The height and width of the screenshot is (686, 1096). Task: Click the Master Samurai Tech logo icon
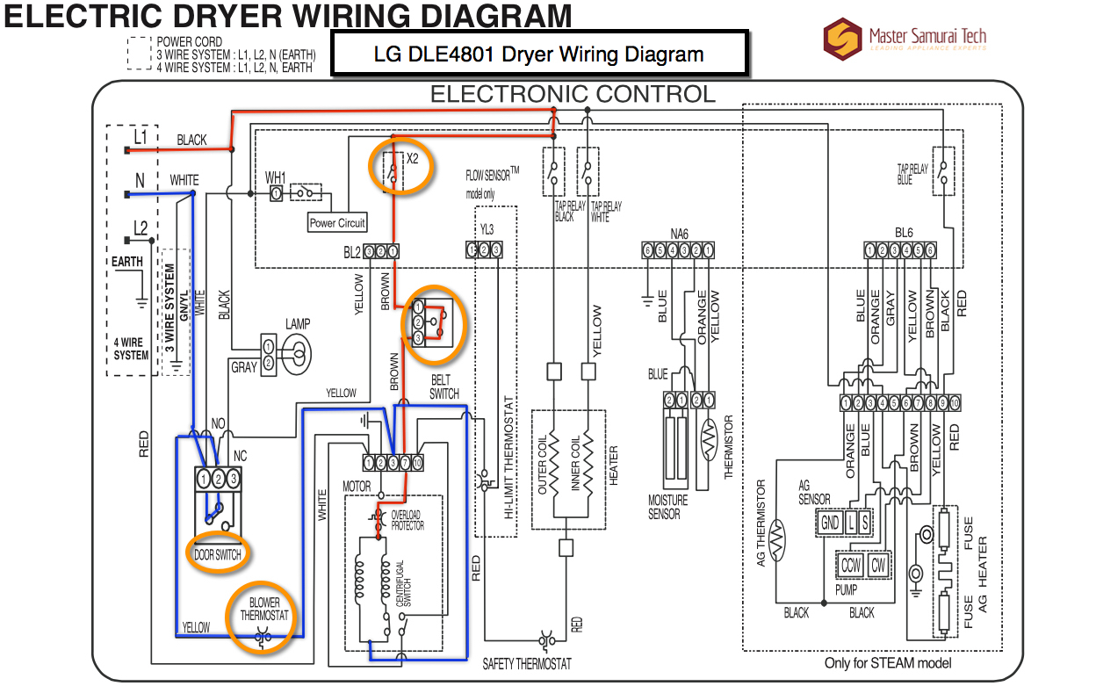tap(843, 38)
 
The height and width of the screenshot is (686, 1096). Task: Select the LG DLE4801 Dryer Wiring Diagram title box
tap(539, 54)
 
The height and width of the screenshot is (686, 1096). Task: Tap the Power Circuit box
tap(337, 223)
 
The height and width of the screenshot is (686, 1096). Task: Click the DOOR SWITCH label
tap(218, 555)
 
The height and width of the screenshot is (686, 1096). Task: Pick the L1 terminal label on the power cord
tap(141, 136)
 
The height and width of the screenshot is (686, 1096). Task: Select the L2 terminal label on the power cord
tap(141, 228)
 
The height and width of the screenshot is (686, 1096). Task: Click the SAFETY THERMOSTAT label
tap(527, 663)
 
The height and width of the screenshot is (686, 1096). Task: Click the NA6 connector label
tap(679, 234)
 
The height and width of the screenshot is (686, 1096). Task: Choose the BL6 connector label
tap(904, 234)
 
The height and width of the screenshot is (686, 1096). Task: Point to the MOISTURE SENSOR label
tap(668, 507)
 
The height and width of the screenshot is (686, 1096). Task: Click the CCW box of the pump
tap(851, 566)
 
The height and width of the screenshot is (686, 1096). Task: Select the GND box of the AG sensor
tap(830, 524)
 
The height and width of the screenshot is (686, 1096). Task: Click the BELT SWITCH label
tap(444, 387)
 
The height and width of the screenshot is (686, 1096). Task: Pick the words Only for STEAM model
tap(887, 663)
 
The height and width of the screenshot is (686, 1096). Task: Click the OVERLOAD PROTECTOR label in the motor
tap(407, 519)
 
